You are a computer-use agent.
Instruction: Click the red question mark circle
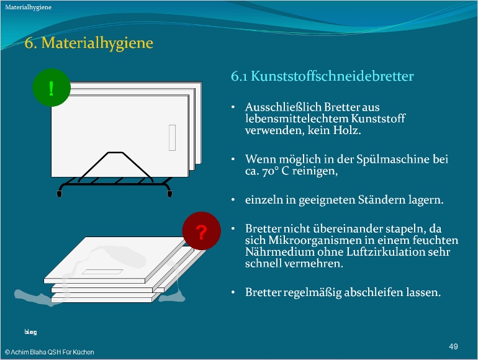tap(201, 232)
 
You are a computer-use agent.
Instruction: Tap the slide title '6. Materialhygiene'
tap(88, 43)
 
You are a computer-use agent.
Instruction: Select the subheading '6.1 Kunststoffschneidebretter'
tap(322, 76)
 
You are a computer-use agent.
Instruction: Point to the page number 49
tap(453, 345)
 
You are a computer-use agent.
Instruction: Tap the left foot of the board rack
tap(59, 194)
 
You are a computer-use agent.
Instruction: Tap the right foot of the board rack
tap(168, 194)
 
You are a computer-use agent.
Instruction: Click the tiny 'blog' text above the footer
tap(30, 333)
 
